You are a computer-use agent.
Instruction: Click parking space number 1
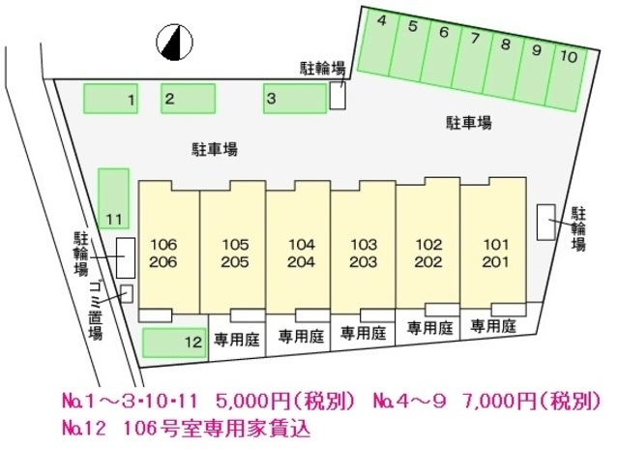point(112,99)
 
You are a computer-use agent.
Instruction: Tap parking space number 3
point(295,98)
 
